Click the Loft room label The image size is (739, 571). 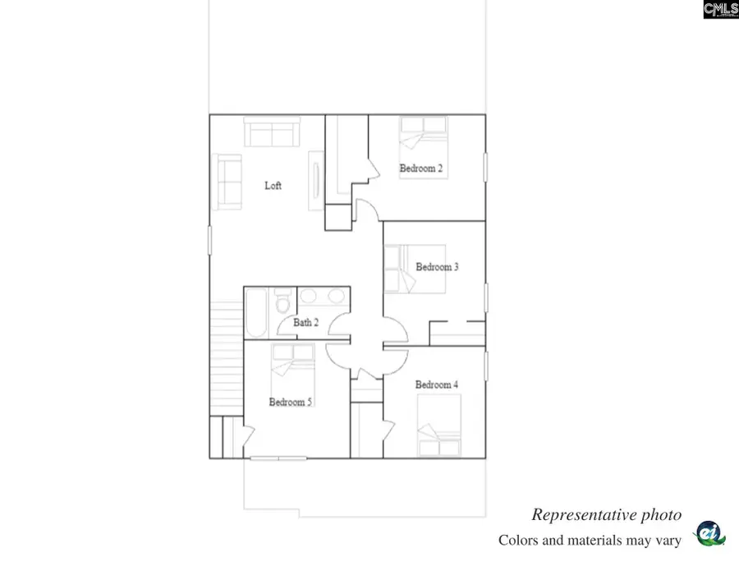click(x=273, y=186)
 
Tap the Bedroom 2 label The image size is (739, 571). click(x=421, y=168)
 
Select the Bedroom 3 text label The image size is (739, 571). click(x=437, y=267)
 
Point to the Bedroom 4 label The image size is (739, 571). click(x=436, y=385)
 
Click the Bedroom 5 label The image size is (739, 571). click(x=290, y=402)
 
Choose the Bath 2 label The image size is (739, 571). click(x=305, y=323)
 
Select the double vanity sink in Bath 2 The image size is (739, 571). click(x=324, y=297)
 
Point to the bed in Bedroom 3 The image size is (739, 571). click(x=415, y=269)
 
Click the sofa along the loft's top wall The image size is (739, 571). click(x=272, y=131)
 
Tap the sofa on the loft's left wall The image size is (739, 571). click(x=229, y=181)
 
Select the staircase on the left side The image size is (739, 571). click(x=226, y=357)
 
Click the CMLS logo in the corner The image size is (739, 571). click(x=721, y=9)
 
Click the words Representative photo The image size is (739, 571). click(x=606, y=515)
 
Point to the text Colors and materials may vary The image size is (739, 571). click(x=590, y=541)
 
